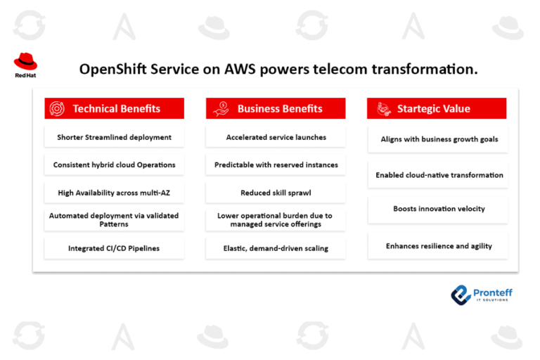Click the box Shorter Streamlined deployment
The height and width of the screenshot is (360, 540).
tap(115, 137)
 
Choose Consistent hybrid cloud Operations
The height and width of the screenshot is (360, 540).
tap(115, 165)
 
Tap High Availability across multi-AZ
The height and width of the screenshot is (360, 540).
tap(115, 193)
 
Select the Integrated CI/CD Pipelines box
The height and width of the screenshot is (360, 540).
tap(115, 248)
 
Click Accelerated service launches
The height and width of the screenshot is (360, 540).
tap(276, 137)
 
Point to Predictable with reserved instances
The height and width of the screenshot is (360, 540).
tap(276, 165)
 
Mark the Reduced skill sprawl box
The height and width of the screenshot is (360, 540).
tap(276, 193)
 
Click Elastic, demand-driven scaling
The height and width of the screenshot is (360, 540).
tap(276, 248)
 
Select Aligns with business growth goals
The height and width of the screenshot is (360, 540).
tap(439, 139)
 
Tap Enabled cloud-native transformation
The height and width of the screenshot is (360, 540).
tap(439, 175)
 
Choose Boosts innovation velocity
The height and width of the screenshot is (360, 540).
tap(439, 209)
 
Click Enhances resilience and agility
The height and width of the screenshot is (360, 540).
tap(439, 246)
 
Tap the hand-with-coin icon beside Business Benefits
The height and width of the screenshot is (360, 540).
tap(221, 108)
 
